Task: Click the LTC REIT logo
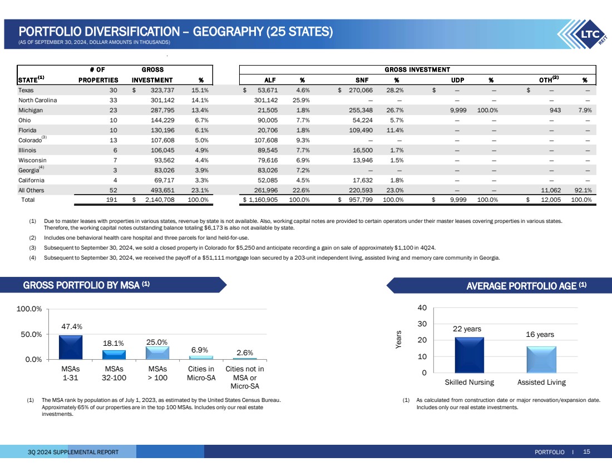586,36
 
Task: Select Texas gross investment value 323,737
159,90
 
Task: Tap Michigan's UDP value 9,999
461,110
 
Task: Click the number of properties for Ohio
113,120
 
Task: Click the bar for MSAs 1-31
71,347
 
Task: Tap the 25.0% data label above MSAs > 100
157,342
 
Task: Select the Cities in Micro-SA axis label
201,373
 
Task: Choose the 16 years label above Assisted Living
540,335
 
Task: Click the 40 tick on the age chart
423,307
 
